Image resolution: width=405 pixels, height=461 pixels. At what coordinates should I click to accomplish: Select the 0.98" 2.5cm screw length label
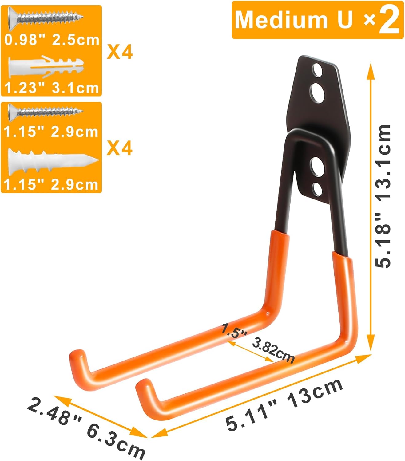click(x=52, y=40)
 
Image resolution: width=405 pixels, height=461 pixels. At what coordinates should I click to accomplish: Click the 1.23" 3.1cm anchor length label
click(x=51, y=88)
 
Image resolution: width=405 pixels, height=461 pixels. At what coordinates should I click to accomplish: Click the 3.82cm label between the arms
click(x=273, y=352)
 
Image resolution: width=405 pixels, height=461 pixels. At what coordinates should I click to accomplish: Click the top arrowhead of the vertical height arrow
click(x=371, y=68)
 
